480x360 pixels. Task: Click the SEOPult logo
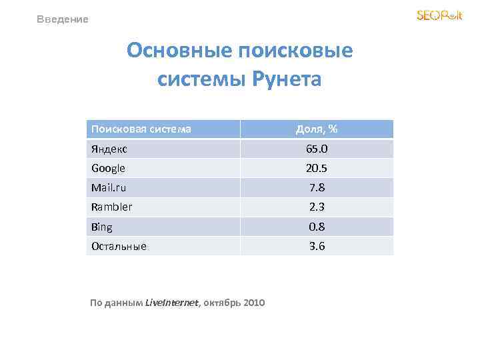point(439,15)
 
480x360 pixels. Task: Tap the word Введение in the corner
point(63,19)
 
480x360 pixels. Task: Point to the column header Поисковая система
point(141,129)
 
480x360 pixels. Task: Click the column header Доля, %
point(317,129)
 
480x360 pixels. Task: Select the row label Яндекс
point(109,149)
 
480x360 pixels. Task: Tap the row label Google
point(108,168)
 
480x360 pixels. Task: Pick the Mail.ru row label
point(108,187)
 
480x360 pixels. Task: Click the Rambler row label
point(111,207)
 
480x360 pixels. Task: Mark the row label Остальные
point(119,246)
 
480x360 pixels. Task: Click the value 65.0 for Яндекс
point(317,149)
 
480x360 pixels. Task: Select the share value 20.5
point(317,168)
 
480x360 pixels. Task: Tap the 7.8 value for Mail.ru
point(317,187)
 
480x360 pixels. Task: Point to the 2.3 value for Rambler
point(317,207)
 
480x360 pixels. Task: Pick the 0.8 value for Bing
point(317,227)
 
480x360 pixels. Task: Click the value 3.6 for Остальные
point(317,246)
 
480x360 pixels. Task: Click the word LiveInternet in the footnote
point(171,303)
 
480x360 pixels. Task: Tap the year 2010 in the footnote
point(254,303)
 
